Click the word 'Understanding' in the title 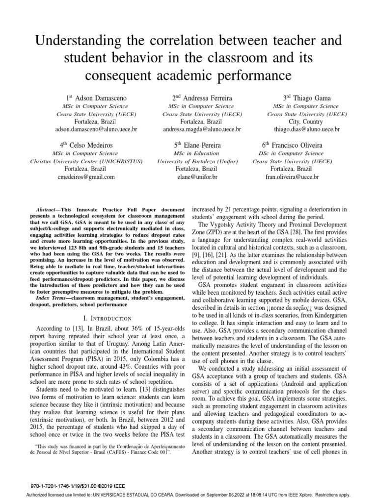point(82,41)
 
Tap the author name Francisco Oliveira point(299,145)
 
